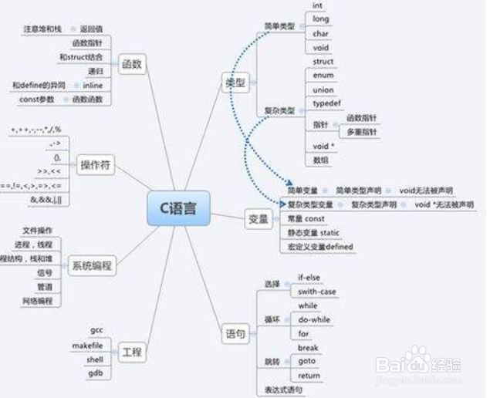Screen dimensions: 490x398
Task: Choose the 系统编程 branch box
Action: tap(91, 266)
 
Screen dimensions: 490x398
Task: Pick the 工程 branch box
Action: tap(132, 352)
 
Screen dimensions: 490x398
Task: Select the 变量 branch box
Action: tap(258, 219)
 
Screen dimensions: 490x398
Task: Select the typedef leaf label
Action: tap(324, 103)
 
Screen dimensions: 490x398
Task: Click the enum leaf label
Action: tap(323, 76)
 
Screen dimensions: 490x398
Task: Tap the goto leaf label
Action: tap(308, 362)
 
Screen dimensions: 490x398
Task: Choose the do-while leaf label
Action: tap(313, 320)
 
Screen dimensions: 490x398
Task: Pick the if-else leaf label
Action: tap(310, 278)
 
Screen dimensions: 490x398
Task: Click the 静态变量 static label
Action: tap(313, 233)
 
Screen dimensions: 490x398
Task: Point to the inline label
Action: tap(93, 85)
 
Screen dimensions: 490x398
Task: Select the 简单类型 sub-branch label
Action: tap(279, 26)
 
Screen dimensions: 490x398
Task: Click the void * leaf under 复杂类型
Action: tap(323, 145)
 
